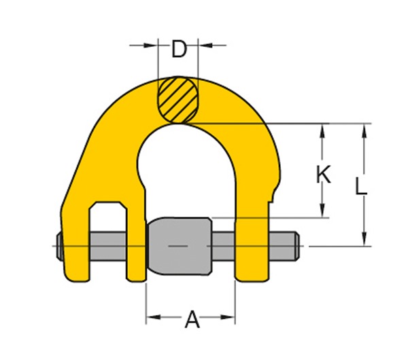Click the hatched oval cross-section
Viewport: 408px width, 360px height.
pos(178,99)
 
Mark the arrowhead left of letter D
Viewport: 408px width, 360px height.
pos(151,46)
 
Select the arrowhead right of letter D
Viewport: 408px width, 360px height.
pos(203,46)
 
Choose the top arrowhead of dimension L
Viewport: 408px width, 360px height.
pos(365,129)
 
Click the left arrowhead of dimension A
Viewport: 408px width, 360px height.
pos(152,317)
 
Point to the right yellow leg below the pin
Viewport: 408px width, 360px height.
pos(252,268)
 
